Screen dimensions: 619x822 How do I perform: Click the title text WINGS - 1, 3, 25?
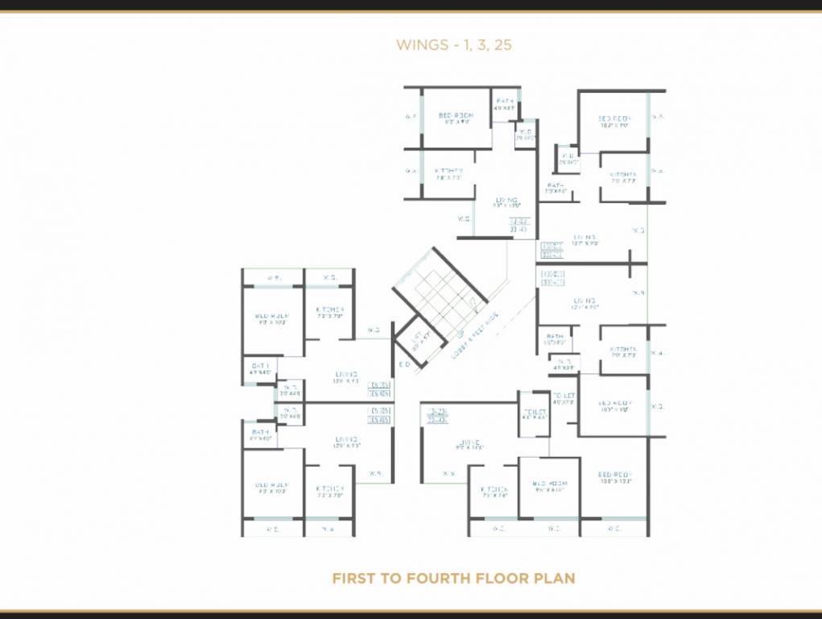(x=454, y=45)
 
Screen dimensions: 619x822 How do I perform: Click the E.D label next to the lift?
(x=404, y=365)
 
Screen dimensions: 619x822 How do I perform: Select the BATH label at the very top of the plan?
(x=504, y=101)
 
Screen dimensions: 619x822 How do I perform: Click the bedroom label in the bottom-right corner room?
(x=616, y=475)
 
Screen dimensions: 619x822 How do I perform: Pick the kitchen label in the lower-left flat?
(x=330, y=488)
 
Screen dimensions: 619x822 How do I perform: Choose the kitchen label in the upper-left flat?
(x=330, y=309)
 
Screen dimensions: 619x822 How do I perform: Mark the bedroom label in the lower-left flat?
(x=272, y=486)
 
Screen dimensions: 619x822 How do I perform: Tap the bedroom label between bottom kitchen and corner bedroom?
(x=549, y=485)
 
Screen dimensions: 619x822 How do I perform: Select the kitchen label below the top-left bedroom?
(x=448, y=171)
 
